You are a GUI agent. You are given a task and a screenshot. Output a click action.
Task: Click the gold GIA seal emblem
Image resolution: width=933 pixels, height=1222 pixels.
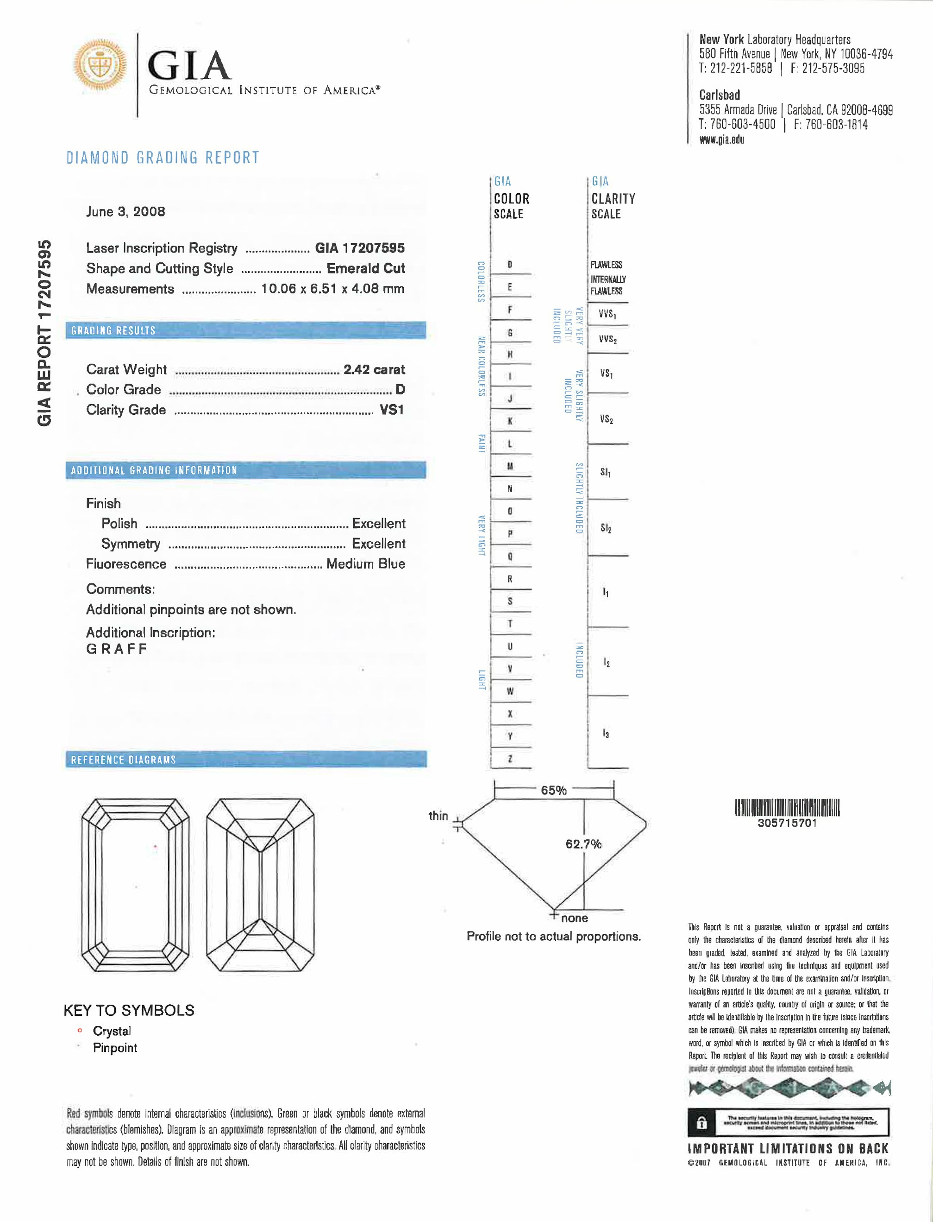point(100,64)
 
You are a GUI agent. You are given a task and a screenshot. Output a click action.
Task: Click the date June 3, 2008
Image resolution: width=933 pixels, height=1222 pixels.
point(125,212)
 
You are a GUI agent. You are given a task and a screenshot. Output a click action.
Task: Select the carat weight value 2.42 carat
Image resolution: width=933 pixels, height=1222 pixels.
point(374,369)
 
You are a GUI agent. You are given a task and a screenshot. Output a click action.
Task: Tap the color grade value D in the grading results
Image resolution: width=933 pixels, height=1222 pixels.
point(400,390)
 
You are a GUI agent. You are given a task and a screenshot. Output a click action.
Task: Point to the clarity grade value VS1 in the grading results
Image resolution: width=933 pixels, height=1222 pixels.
point(392,410)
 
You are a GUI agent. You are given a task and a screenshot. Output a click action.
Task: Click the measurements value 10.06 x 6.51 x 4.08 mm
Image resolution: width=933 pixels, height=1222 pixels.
point(332,289)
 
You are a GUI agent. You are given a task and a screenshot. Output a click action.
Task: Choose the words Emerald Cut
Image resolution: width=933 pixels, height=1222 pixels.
point(365,268)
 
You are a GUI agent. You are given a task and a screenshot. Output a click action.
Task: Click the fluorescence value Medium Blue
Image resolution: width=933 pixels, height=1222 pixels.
point(365,564)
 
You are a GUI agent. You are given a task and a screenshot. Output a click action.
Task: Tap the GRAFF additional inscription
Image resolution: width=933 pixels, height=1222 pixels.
point(117,649)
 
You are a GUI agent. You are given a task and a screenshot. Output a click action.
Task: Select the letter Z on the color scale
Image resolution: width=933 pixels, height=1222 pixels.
point(510,759)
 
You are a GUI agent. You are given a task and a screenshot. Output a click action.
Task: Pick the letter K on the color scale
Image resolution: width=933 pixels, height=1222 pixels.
point(510,421)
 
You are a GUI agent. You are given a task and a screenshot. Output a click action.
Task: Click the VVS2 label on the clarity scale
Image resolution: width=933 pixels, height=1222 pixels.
point(607,339)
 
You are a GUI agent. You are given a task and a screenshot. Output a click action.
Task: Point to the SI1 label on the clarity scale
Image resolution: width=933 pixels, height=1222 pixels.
point(605,472)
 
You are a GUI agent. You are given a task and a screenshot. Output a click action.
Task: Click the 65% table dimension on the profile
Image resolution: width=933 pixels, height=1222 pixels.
point(554,790)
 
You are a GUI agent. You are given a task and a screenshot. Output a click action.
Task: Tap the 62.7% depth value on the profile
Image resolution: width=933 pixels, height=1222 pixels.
point(583,844)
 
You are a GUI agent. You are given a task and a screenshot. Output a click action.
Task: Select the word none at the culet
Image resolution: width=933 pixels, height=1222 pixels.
point(574,918)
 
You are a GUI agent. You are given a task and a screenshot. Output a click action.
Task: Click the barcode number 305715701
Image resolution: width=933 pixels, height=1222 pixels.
point(787,823)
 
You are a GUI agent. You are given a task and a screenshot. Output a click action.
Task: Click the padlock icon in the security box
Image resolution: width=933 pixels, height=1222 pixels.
point(702,1123)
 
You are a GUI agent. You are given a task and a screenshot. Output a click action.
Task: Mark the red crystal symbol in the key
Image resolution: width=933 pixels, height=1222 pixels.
point(80,1031)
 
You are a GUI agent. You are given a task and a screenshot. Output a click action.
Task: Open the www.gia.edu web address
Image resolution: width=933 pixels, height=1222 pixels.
point(721,140)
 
